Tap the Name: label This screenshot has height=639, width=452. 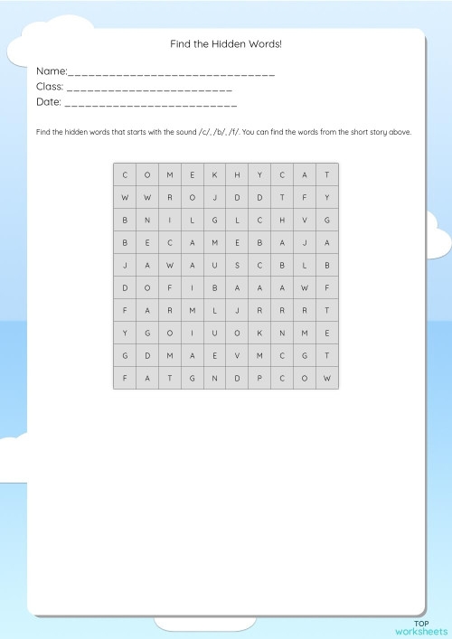tap(52, 70)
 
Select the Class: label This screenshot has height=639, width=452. tap(50, 88)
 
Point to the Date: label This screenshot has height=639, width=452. tap(49, 103)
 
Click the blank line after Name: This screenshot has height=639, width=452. tap(171, 71)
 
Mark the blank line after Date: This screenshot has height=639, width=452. tap(151, 105)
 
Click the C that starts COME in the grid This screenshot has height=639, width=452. tap(125, 174)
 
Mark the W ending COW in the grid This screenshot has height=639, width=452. tap(327, 378)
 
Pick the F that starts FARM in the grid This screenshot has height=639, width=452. tap(125, 310)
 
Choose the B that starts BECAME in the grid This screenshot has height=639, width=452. tap(125, 242)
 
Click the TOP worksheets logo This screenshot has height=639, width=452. tap(421, 625)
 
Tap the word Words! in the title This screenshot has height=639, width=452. tap(264, 43)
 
